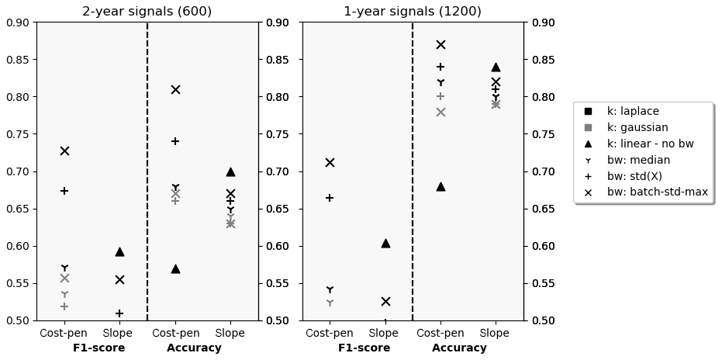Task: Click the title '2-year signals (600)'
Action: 147,12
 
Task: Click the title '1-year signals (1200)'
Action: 413,12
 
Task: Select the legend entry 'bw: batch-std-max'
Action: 657,192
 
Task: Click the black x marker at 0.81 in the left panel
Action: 175,89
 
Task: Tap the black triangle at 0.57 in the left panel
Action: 175,268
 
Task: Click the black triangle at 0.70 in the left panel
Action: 230,171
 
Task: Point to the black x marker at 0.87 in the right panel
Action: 440,45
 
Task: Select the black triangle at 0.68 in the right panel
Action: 440,186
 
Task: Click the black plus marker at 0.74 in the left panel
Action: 175,141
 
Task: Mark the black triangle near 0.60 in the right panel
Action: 385,243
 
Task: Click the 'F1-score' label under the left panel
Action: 98,348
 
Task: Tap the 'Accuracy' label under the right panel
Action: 459,348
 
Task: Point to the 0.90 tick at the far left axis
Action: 17,22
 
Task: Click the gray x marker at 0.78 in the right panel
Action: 440,112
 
